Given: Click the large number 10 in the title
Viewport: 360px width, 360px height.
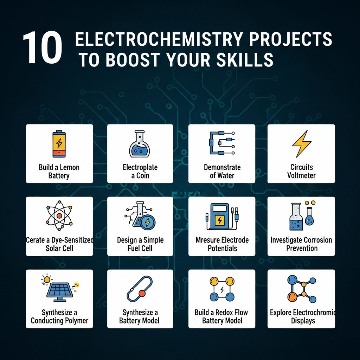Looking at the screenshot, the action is coord(43,47).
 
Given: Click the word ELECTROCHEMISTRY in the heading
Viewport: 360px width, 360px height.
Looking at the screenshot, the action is coord(159,39).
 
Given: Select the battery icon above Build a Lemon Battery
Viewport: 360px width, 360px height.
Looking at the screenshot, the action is coord(59,144).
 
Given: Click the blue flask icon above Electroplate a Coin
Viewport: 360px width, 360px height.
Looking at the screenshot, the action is coord(140,144).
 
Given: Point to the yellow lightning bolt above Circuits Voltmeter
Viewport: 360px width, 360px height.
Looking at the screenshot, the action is coord(302,144).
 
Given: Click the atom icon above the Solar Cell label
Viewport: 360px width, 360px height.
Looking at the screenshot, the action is coord(59,216).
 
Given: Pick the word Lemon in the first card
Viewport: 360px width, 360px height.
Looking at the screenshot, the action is coord(69,167).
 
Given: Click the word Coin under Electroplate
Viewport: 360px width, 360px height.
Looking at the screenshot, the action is coord(143,176).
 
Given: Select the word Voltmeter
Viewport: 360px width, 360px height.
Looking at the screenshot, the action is coord(301,176).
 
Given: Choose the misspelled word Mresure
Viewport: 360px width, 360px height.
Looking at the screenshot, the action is coord(206,240).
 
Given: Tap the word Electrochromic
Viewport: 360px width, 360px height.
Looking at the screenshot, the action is coord(314,313).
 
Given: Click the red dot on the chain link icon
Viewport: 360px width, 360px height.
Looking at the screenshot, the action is coord(142,294).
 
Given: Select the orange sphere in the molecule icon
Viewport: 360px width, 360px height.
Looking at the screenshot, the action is coord(292,297).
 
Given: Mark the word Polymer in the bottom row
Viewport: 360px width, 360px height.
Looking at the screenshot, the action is coord(77,321).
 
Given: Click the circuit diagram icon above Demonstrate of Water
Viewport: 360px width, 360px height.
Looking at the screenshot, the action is coord(222,143).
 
